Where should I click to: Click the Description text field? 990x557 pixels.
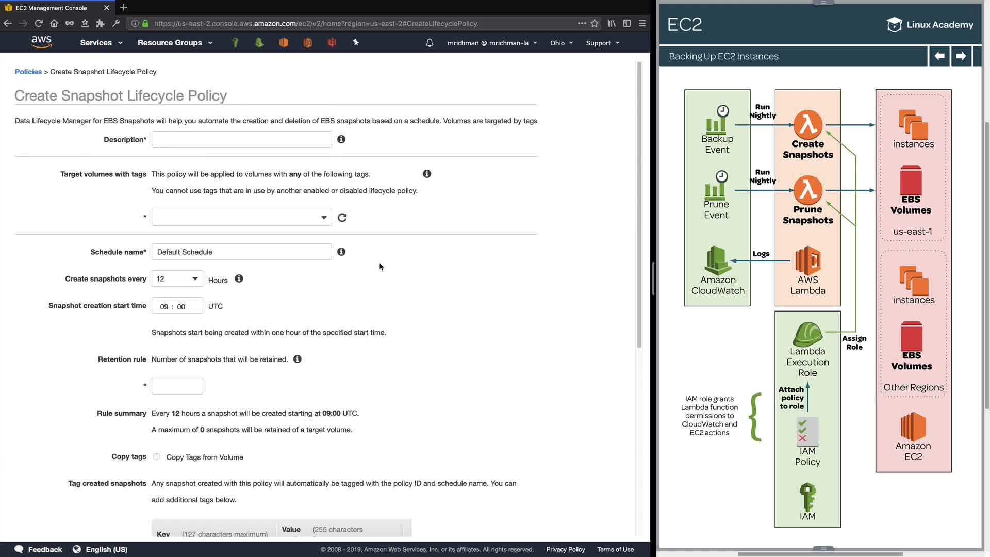tap(241, 139)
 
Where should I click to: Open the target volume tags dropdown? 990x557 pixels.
tap(241, 217)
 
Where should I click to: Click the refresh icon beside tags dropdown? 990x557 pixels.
tap(342, 218)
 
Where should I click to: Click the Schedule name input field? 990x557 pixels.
tap(241, 252)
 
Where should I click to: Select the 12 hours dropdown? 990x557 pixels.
tap(177, 279)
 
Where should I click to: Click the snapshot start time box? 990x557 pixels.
tap(177, 306)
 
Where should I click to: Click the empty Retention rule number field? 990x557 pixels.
tap(177, 386)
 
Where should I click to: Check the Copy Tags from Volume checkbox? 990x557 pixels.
tap(156, 456)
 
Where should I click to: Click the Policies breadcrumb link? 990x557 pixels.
tap(28, 72)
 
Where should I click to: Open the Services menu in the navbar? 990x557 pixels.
tap(101, 43)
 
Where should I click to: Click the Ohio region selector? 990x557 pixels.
tap(562, 43)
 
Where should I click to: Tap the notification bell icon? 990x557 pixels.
tap(430, 43)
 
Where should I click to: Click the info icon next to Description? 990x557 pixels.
tap(341, 139)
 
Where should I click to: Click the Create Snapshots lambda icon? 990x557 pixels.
tap(808, 124)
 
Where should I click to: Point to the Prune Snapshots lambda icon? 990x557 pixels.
tap(808, 190)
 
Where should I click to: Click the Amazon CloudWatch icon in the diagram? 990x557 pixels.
tap(717, 260)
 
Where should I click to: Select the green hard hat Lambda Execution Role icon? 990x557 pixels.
tap(807, 334)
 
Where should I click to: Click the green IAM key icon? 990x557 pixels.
tap(807, 497)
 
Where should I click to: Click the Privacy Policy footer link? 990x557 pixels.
tap(566, 549)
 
